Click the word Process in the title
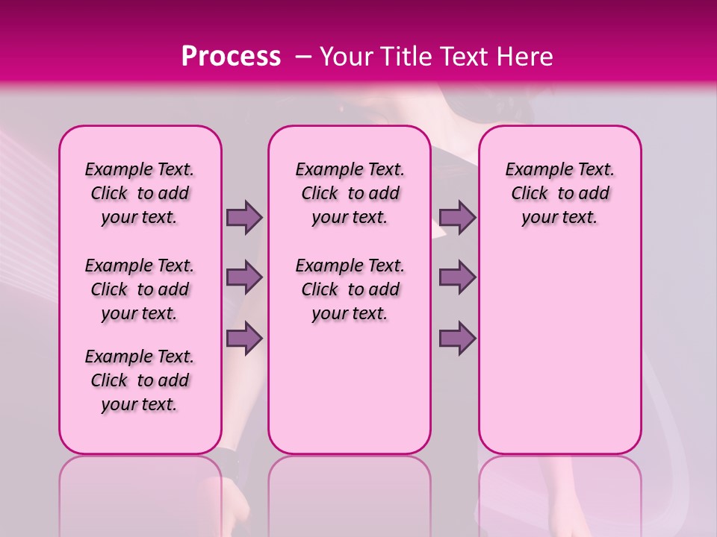coord(231,57)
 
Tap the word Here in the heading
coord(525,57)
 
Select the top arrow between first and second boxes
coord(244,217)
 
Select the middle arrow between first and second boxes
coord(244,277)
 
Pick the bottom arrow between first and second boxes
coord(244,338)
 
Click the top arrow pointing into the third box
coord(457,217)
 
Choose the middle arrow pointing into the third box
coord(457,277)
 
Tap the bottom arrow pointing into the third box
coord(457,338)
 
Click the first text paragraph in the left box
coord(140,193)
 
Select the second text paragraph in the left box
coord(140,289)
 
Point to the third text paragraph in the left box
coord(140,380)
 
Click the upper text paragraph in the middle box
coord(350,193)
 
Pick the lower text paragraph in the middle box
coord(350,289)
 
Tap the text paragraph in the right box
coord(559,193)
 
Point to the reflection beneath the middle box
coord(350,492)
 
